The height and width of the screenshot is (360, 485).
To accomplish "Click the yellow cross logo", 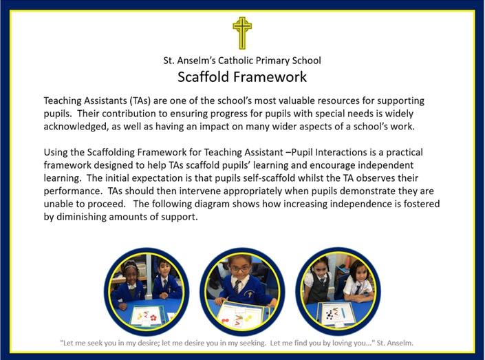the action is (242, 33).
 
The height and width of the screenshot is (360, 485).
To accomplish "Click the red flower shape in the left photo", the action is (153, 317).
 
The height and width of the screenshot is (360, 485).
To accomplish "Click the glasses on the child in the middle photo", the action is (241, 268).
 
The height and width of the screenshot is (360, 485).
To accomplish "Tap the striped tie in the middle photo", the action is (237, 286).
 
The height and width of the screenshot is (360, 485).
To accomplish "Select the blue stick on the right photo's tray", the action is (343, 313).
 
